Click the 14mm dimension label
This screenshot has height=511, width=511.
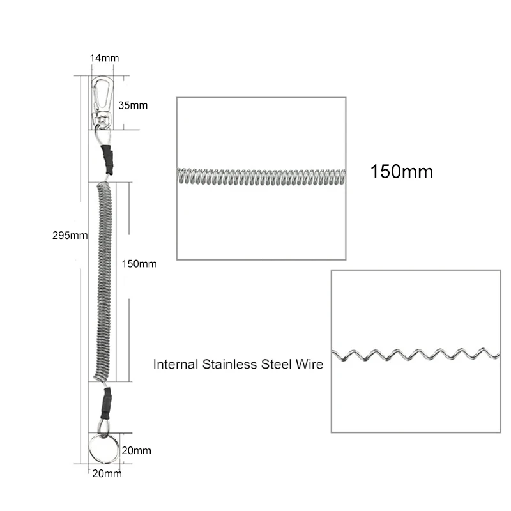(x=104, y=58)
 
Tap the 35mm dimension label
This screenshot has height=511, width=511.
(x=133, y=105)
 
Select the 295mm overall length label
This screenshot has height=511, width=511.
(x=70, y=234)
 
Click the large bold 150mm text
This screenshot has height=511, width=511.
(x=401, y=171)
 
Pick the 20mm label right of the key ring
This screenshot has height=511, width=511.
(x=136, y=450)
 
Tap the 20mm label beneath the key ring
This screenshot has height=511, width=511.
(x=107, y=473)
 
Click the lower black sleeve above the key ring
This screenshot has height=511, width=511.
(x=105, y=401)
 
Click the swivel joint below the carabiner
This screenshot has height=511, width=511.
(x=102, y=118)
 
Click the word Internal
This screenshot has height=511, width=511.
(x=174, y=365)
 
